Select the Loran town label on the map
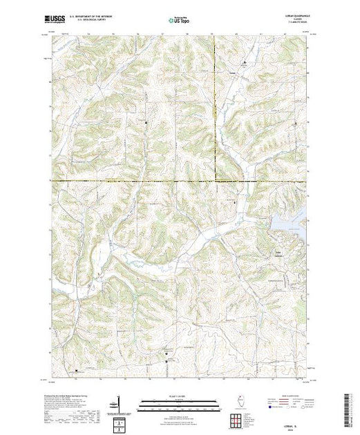point(233,69)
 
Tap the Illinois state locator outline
point(235,403)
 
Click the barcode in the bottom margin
point(348,407)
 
